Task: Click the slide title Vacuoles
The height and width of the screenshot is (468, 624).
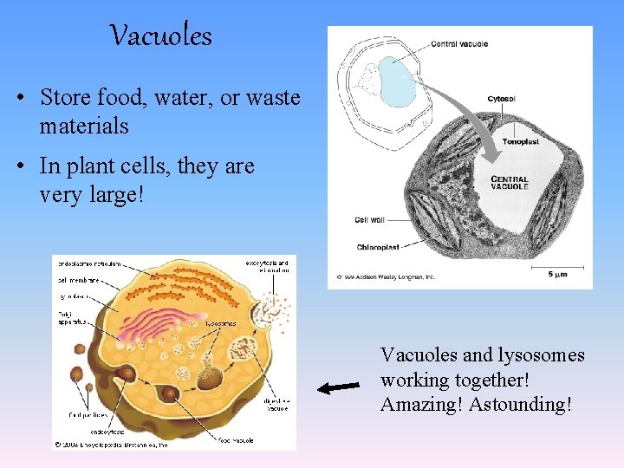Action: (161, 36)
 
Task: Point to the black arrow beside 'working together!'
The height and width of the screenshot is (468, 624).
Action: (338, 387)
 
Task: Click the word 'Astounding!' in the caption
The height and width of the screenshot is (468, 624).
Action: (520, 405)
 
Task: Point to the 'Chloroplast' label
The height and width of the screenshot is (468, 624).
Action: (378, 247)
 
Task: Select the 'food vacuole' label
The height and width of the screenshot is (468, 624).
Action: (235, 440)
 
